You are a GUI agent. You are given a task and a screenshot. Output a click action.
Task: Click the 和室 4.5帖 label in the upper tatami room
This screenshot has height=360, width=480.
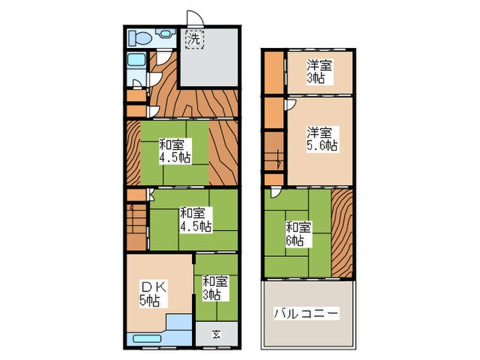pos(173,151)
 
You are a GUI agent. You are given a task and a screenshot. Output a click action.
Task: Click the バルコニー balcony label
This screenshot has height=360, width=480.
pos(307,313)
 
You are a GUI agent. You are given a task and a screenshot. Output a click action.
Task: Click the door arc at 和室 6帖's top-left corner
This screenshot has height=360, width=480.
pos(275,193)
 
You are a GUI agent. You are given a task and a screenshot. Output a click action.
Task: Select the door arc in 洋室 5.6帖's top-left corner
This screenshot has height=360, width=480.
pos(291,104)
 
